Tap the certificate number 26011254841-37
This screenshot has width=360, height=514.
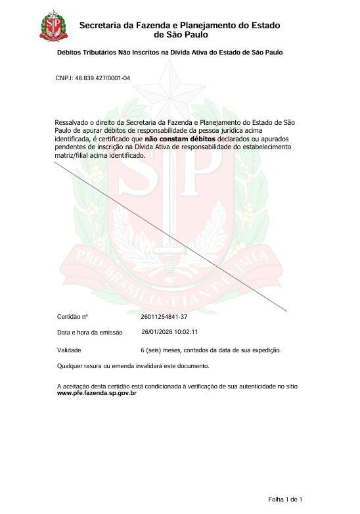coord(164,317)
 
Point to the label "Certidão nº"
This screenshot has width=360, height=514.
coord(73,317)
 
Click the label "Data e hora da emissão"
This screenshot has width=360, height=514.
coord(90,333)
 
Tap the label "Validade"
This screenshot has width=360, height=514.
coord(69,350)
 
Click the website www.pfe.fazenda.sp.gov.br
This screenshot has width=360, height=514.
coord(97,393)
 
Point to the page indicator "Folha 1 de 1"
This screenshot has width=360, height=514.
coord(284,500)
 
